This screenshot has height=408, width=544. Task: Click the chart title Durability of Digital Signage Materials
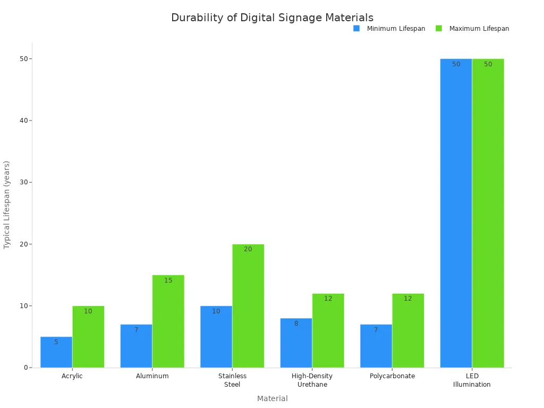click(x=272, y=18)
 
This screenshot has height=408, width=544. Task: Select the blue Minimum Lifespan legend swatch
click(x=356, y=29)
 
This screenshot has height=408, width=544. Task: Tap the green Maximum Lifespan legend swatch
click(x=439, y=29)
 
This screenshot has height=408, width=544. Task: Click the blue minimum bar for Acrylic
click(x=56, y=352)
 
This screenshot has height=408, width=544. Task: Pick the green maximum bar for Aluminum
click(x=168, y=321)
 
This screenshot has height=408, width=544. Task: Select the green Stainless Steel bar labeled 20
click(x=248, y=306)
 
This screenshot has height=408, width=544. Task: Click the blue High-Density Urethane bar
click(x=296, y=343)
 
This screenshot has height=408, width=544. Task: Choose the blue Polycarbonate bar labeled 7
click(x=376, y=346)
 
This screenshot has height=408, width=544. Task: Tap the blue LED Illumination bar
click(x=456, y=213)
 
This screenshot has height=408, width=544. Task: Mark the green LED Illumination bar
click(x=488, y=213)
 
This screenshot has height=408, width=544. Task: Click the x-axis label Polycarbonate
click(x=392, y=376)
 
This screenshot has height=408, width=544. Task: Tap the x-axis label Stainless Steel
click(x=232, y=380)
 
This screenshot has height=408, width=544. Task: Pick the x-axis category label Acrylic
click(x=72, y=376)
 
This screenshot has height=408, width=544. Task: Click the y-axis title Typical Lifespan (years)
click(x=7, y=205)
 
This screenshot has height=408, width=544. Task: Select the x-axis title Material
click(x=272, y=398)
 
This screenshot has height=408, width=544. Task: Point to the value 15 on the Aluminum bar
click(x=168, y=280)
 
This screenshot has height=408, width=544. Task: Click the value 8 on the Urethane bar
click(x=296, y=324)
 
